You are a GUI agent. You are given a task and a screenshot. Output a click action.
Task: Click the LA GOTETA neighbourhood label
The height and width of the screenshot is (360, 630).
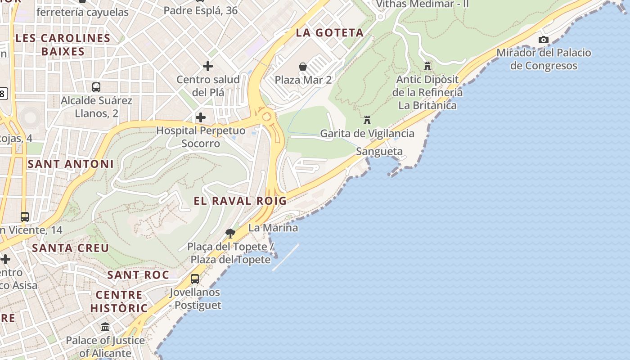(330, 32)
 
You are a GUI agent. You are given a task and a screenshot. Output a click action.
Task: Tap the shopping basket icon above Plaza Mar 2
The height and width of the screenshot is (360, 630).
(303, 67)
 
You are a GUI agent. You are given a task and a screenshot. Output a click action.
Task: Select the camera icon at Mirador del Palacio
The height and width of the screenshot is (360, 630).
(544, 40)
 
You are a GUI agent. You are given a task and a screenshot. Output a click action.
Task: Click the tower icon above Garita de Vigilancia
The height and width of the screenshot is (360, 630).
(367, 120)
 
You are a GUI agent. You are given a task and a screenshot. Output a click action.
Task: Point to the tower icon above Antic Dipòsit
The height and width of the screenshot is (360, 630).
(427, 66)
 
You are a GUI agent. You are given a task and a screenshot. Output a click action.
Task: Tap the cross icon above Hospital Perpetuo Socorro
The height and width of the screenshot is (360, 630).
(201, 118)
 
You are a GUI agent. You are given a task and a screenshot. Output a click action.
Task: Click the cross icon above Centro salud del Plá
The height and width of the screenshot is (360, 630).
(208, 66)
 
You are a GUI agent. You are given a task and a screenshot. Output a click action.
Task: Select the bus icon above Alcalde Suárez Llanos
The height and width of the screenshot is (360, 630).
(96, 87)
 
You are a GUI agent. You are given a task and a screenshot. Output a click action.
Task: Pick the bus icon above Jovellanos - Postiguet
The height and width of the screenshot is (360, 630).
(195, 279)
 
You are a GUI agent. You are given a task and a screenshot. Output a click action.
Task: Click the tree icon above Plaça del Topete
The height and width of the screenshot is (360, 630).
(230, 233)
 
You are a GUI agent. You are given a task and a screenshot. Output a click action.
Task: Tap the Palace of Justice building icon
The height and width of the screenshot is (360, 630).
(105, 327)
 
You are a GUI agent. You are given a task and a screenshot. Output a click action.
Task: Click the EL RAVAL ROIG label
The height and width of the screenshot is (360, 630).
(240, 201)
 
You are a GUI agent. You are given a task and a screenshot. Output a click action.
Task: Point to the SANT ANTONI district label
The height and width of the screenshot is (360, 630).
(71, 164)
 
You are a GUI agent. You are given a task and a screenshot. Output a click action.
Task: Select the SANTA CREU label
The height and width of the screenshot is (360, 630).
(71, 248)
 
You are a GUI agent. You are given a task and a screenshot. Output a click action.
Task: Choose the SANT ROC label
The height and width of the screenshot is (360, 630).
(138, 275)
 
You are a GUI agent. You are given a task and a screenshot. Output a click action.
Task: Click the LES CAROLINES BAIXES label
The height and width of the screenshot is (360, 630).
(63, 45)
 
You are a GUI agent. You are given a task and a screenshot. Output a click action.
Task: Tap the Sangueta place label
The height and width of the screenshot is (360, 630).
(379, 152)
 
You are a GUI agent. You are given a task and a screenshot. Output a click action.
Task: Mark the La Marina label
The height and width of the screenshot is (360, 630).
(273, 228)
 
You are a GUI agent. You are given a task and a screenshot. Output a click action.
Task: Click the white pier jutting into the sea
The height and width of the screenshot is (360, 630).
(286, 257)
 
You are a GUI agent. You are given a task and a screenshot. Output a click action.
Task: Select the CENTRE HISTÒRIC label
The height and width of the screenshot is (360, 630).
(119, 301)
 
